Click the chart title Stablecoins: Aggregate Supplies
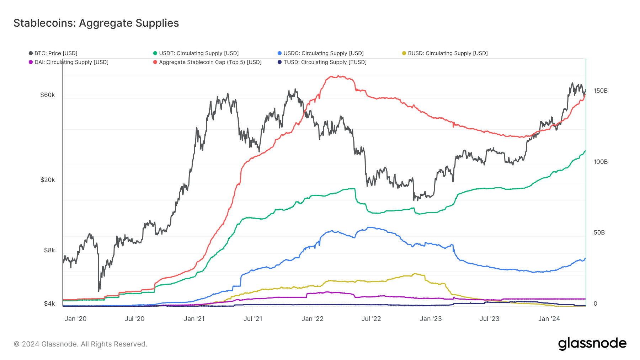(x=96, y=23)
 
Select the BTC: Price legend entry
(x=55, y=53)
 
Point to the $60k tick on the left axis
(x=48, y=95)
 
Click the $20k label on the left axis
(x=48, y=180)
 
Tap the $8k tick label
(x=49, y=250)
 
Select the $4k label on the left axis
(x=49, y=303)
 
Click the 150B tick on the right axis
(x=601, y=91)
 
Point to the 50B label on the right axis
(x=599, y=233)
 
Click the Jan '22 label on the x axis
(x=312, y=319)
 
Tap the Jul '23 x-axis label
(x=489, y=319)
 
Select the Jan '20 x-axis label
(x=75, y=319)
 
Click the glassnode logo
(x=592, y=343)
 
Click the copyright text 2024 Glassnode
(x=80, y=344)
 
